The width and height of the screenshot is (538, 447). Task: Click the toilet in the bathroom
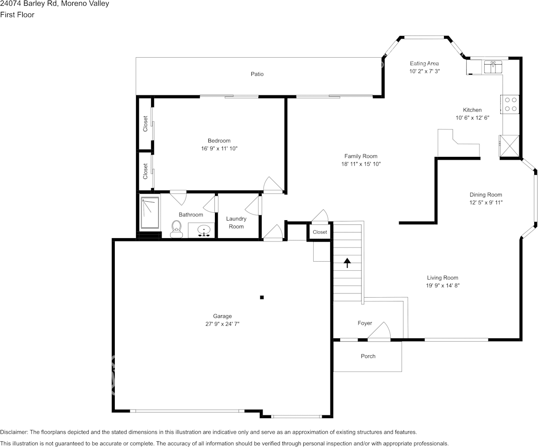(176, 229)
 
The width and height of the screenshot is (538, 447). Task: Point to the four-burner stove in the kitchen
(510, 104)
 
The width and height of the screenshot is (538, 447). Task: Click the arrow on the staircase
(348, 263)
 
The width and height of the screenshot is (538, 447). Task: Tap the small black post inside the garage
(262, 297)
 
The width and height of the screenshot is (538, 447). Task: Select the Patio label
(257, 74)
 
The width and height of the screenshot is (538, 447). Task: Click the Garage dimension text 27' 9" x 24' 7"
(222, 324)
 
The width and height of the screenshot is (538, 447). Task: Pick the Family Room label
(360, 156)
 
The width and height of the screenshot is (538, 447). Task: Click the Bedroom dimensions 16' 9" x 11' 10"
(219, 148)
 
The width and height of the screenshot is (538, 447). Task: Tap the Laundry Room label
(236, 223)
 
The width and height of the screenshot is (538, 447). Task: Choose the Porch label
(368, 356)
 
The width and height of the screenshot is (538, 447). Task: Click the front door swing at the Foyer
(379, 331)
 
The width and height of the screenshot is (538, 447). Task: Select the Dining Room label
(486, 195)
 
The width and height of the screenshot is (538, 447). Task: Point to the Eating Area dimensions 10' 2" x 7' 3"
(425, 71)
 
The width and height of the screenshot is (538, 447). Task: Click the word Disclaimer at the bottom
(14, 432)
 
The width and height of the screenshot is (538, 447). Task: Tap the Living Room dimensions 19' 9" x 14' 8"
(443, 285)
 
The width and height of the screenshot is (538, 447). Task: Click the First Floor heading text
(17, 15)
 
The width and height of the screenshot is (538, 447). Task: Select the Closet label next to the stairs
(320, 232)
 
